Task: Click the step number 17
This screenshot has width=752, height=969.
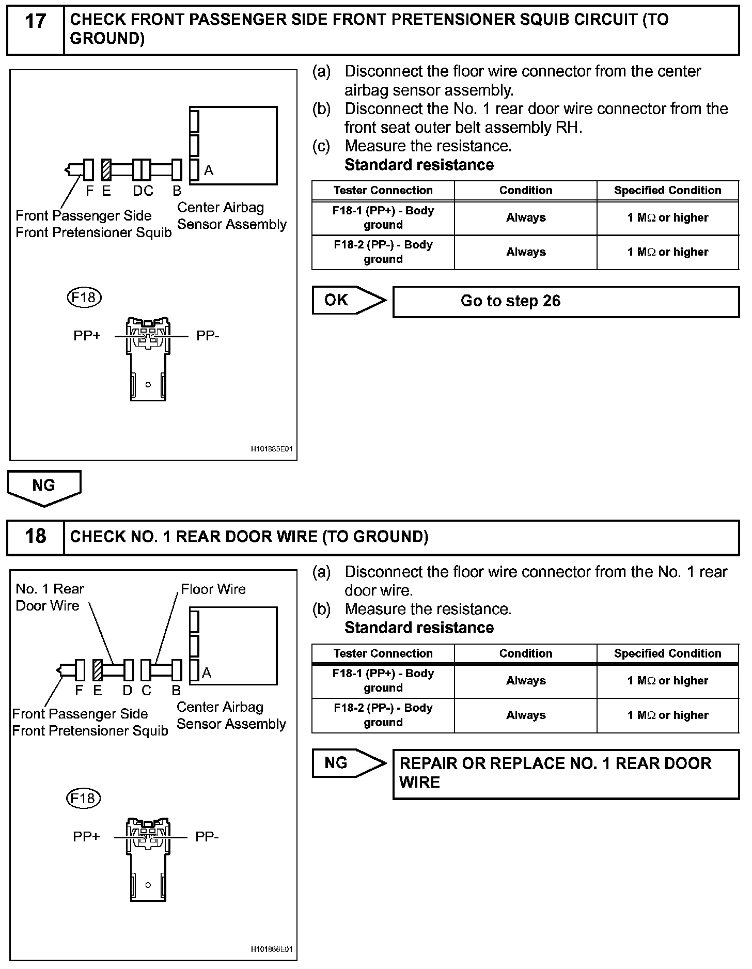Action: [x=35, y=22]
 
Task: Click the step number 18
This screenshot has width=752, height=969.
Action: [x=35, y=536]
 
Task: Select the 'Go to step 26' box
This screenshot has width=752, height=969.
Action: [x=566, y=302]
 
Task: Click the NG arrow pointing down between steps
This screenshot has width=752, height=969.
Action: [x=44, y=487]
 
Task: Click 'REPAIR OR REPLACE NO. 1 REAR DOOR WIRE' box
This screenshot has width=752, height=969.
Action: [x=566, y=773]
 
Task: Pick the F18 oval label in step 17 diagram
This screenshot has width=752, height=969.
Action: [x=84, y=298]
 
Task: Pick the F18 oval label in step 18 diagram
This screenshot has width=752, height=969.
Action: [x=83, y=798]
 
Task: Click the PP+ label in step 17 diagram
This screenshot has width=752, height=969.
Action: [x=87, y=336]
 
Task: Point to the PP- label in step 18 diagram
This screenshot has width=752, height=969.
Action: [x=207, y=836]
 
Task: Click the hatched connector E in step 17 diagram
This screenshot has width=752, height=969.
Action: [x=106, y=169]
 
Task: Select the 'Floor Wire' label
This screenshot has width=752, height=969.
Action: [x=213, y=589]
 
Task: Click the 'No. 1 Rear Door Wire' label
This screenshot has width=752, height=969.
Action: [x=50, y=597]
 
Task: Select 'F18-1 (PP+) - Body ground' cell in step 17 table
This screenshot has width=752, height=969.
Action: [x=383, y=217]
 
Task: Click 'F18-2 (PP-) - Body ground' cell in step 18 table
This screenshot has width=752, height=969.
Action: [x=383, y=715]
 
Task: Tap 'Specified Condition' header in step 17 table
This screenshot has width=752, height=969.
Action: [x=667, y=190]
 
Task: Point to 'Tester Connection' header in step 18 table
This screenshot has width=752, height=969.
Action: [x=383, y=653]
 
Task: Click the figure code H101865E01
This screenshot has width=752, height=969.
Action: [x=272, y=449]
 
